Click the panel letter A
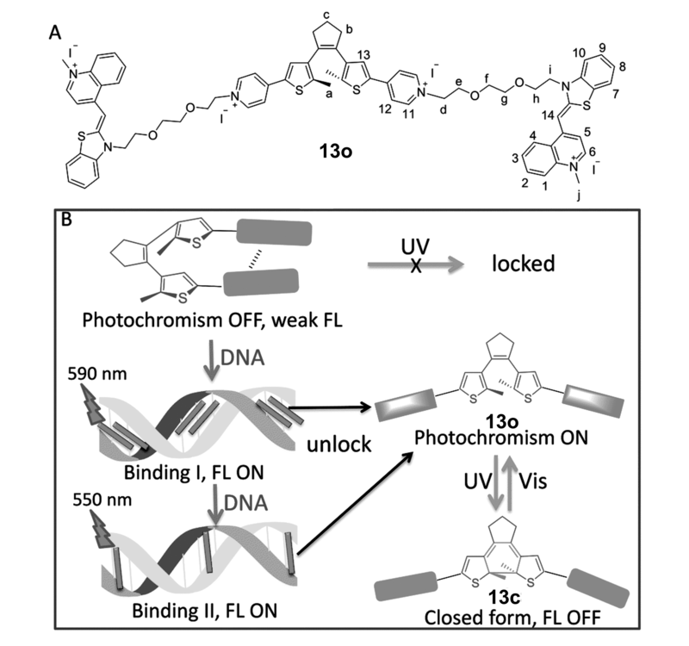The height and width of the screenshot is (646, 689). click(55, 33)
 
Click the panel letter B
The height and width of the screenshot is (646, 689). click(66, 220)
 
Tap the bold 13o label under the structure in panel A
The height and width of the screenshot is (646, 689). click(336, 152)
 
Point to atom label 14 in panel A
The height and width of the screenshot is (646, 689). click(548, 115)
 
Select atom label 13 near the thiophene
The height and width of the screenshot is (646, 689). click(363, 55)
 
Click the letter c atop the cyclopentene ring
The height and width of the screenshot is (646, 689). click(326, 16)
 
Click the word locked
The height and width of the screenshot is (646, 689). click(524, 264)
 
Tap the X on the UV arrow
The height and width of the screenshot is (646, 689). click(416, 265)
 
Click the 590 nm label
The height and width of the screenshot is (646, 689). click(97, 374)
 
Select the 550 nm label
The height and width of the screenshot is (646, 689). click(102, 500)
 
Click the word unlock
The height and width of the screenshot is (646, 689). click(338, 444)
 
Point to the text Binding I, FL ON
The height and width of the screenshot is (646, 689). click(194, 472)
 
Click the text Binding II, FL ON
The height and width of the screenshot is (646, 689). click(205, 611)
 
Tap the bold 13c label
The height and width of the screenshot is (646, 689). click(504, 598)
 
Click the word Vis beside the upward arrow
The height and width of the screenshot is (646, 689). click(532, 481)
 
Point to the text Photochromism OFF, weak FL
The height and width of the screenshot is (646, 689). click(212, 320)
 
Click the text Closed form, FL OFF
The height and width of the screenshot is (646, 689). click(512, 618)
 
